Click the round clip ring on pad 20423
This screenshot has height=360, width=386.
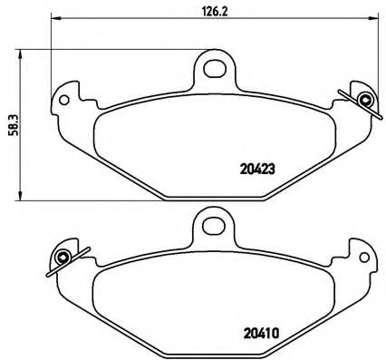pos(364,100)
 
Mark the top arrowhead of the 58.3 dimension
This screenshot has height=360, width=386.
pos(21,53)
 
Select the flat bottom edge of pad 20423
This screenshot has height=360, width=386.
pos(212,197)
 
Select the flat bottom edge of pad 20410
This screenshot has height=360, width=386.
pos(212,354)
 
